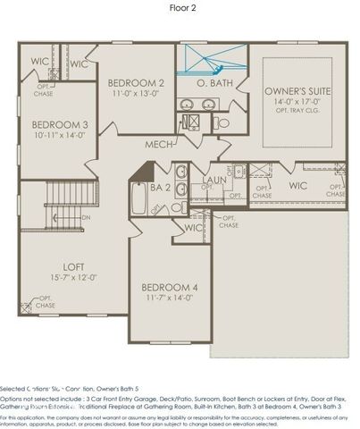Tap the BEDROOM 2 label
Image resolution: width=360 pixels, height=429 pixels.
pyautogui.click(x=135, y=80)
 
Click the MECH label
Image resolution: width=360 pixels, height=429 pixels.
pyautogui.click(x=161, y=143)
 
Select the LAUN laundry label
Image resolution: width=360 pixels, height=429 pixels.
pyautogui.click(x=213, y=180)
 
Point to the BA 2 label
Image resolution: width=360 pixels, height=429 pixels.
pyautogui.click(x=160, y=188)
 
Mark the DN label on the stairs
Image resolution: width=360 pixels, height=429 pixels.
pyautogui.click(x=86, y=217)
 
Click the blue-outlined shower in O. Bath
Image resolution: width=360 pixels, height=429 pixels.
pyautogui.click(x=206, y=59)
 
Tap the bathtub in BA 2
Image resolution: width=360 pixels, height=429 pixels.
pyautogui.click(x=140, y=198)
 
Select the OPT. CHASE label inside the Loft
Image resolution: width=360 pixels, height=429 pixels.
pyautogui.click(x=45, y=302)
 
